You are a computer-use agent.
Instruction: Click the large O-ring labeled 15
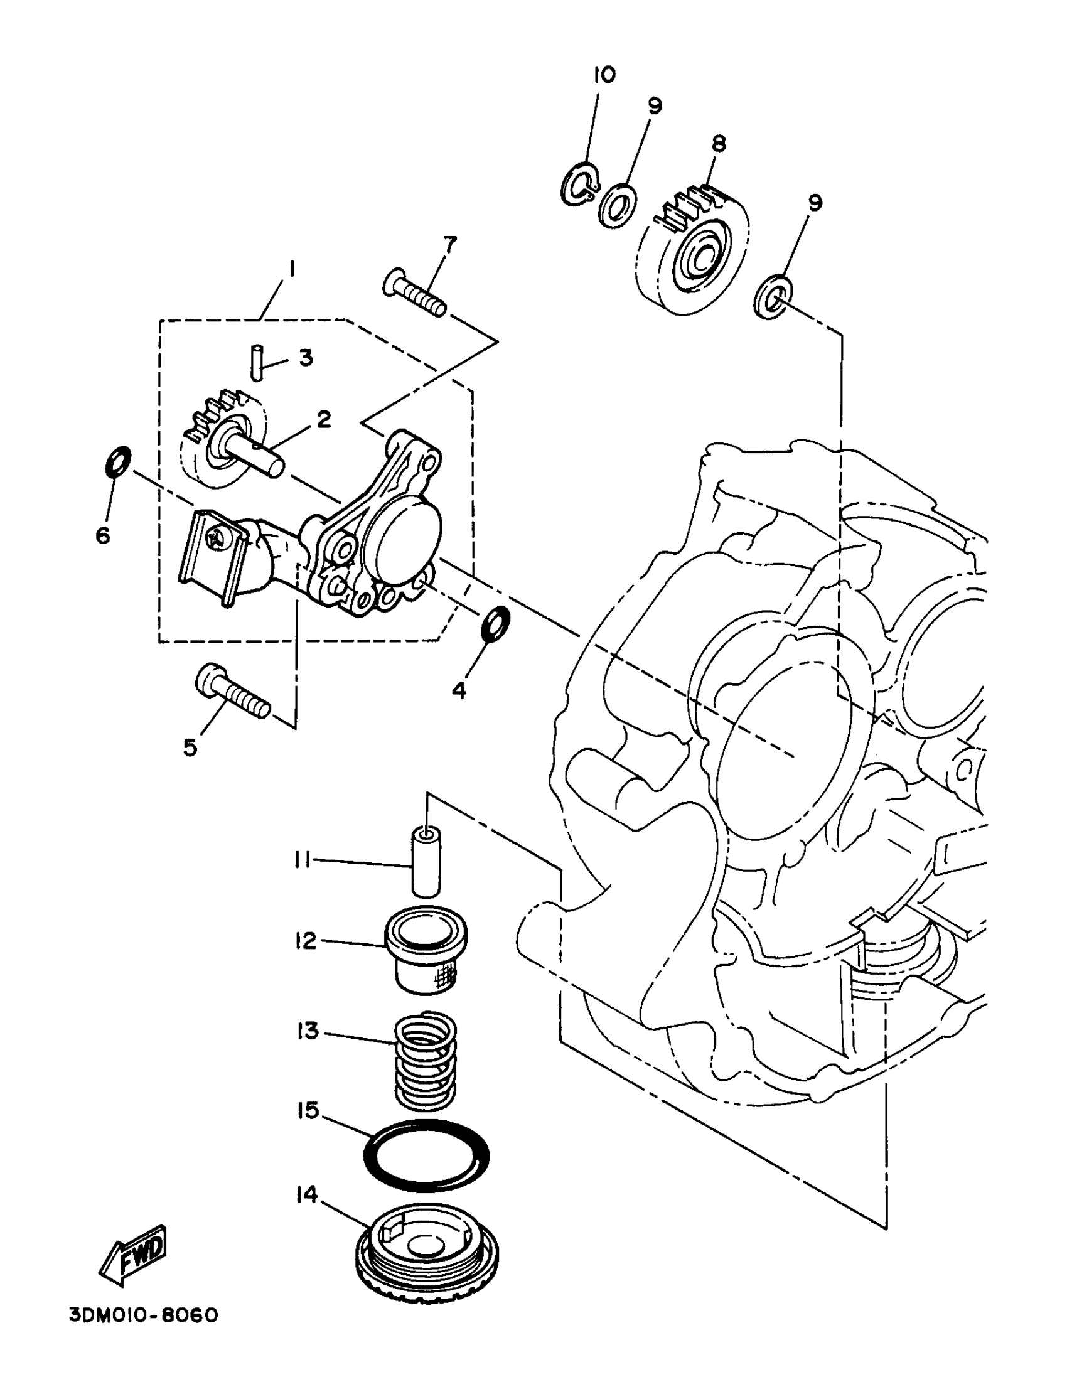426,1155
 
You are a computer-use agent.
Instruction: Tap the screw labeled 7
415,294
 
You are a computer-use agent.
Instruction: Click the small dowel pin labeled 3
256,362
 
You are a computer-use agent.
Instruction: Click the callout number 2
323,419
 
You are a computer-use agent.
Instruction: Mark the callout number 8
718,144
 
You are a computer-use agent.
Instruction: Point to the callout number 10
604,75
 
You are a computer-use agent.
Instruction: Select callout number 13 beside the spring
308,1031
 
